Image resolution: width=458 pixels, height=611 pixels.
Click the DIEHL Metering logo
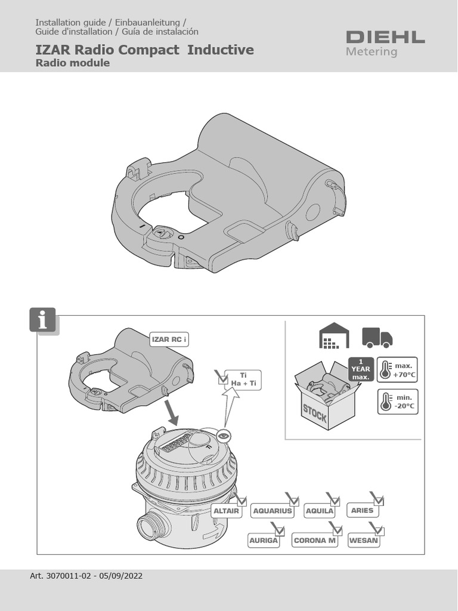385,43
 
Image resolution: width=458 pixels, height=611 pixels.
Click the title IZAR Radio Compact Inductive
144,50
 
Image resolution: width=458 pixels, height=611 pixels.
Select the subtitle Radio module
72,63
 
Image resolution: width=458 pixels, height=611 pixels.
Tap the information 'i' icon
42,320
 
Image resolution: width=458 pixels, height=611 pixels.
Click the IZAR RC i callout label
169,340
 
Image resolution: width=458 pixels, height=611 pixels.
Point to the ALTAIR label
226,511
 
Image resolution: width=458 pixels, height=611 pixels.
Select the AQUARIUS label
273,511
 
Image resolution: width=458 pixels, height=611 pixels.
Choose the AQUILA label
319,511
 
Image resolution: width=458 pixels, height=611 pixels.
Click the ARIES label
362,511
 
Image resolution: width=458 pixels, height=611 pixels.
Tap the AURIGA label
263,541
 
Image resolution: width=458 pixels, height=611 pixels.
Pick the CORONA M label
314,541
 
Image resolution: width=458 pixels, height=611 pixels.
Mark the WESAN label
363,541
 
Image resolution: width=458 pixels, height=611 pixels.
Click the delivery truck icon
377,337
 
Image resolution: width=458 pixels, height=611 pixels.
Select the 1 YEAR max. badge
360,369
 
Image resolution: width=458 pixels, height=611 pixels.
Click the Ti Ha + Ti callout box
243,379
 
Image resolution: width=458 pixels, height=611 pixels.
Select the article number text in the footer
86,576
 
